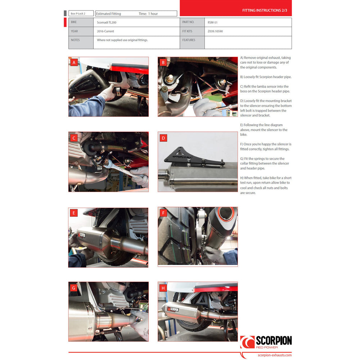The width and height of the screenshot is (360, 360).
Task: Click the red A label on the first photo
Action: click(74, 62)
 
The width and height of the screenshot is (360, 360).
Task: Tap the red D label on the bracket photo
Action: click(163, 138)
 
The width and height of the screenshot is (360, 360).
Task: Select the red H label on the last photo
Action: click(163, 288)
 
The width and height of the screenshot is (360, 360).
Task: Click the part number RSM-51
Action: click(212, 22)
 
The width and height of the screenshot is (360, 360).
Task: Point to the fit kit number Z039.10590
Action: click(215, 31)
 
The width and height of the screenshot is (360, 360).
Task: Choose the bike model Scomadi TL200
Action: click(107, 22)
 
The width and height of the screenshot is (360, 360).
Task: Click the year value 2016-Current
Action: click(105, 31)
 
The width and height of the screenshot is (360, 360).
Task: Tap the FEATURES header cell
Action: click(192, 42)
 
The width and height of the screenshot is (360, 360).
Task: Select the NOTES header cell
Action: click(81, 42)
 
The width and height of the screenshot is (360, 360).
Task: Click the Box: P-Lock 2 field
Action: click(81, 14)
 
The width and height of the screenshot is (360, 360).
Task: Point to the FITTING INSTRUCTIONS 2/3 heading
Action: click(265, 10)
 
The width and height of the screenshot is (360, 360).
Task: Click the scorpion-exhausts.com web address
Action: click(275, 355)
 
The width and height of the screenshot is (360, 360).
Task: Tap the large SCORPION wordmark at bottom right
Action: click(274, 341)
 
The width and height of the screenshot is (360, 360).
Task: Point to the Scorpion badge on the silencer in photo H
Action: click(173, 309)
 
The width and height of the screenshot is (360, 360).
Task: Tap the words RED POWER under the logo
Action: click(267, 347)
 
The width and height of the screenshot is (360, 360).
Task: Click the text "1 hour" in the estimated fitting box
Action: click(153, 14)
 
